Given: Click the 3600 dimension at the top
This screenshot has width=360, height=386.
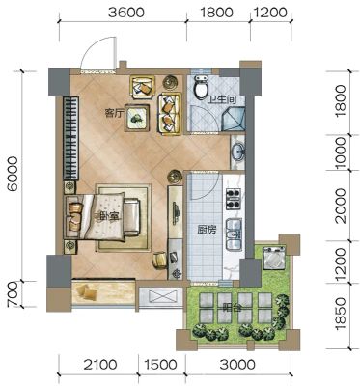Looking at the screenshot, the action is (126, 13).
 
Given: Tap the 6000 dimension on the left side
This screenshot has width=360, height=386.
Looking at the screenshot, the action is (14, 174).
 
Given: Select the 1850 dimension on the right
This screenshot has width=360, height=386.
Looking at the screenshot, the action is (341, 314).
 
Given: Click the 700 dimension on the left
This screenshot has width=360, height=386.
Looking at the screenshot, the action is (14, 294).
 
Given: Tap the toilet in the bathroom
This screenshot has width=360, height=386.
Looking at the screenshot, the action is (202, 86).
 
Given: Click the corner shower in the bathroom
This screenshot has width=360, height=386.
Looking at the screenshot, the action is (234, 119).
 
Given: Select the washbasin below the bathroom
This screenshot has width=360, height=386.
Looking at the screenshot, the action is (238, 152).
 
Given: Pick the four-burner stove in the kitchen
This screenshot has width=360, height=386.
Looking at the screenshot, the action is (234, 199).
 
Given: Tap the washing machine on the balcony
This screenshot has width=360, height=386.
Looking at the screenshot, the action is (274, 258).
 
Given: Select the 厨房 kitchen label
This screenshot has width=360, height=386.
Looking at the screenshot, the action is (207, 230).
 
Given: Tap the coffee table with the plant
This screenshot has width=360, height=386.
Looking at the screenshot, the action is (137, 118).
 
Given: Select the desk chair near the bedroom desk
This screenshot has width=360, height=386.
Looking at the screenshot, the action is (159, 260).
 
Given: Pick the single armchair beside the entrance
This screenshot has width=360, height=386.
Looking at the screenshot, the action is (142, 87).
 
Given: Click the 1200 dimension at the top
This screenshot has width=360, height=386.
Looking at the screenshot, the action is (270, 13).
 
